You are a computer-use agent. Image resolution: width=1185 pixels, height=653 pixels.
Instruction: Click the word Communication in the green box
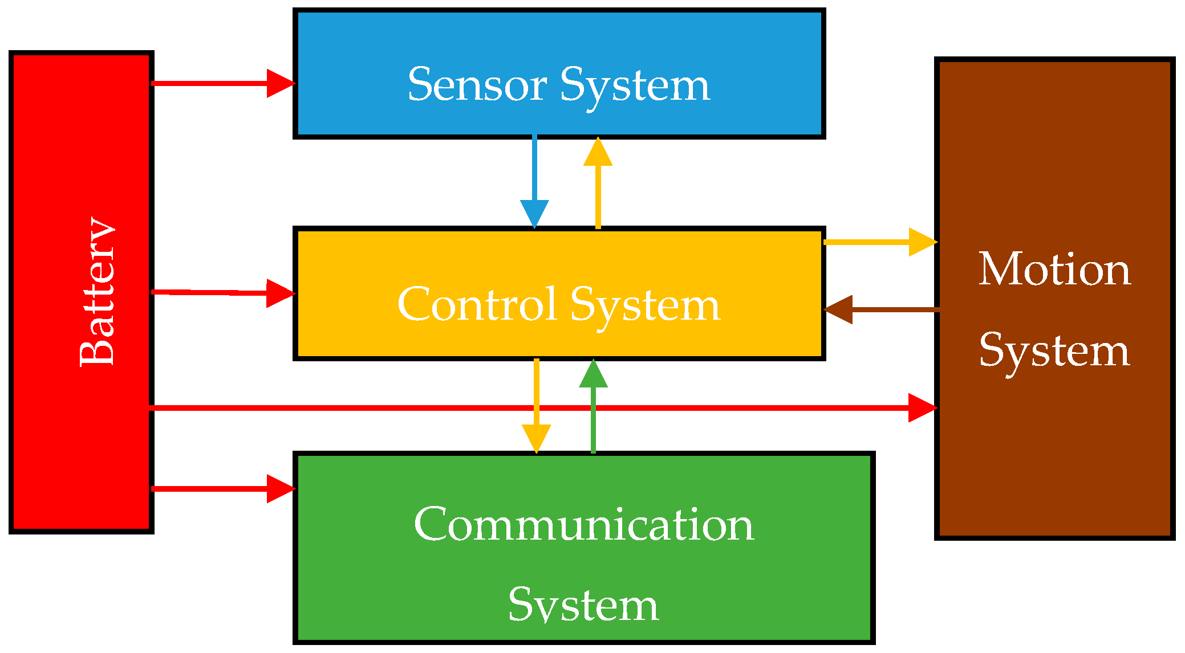tap(584, 524)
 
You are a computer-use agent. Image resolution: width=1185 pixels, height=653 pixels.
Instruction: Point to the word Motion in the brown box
tap(1054, 269)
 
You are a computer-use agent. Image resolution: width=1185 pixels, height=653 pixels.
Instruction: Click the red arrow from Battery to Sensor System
tap(222, 84)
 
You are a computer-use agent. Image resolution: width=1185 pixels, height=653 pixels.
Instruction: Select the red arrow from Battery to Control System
tap(222, 293)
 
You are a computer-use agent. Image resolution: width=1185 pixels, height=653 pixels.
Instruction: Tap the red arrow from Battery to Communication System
tap(222, 489)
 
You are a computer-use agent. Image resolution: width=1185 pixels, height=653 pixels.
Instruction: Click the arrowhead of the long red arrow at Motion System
tap(922, 407)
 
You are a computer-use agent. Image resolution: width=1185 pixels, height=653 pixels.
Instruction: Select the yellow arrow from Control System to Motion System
tap(878, 242)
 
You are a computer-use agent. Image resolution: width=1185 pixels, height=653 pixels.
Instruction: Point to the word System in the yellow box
tap(645, 305)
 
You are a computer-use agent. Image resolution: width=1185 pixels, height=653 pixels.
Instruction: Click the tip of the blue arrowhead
tap(534, 227)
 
